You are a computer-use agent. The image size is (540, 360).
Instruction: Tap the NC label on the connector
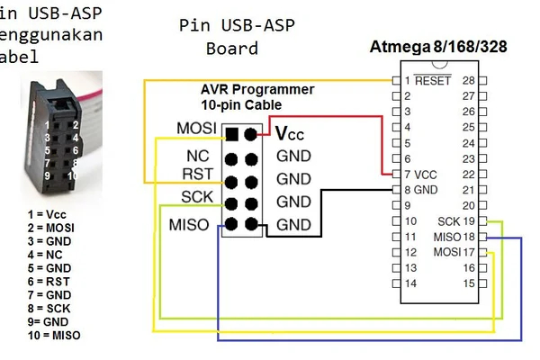tap(197, 156)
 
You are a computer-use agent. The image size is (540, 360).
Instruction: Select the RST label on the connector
tap(196, 174)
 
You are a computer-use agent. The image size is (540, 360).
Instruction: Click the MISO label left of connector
tap(189, 223)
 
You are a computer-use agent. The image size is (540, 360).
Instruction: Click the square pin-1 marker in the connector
tap(232, 135)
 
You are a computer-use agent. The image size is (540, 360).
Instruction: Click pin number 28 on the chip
tap(468, 80)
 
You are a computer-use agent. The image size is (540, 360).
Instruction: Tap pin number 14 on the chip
tap(410, 283)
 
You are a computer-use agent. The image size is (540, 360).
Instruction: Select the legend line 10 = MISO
tap(53, 336)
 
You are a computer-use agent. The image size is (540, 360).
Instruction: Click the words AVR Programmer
tap(257, 90)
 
